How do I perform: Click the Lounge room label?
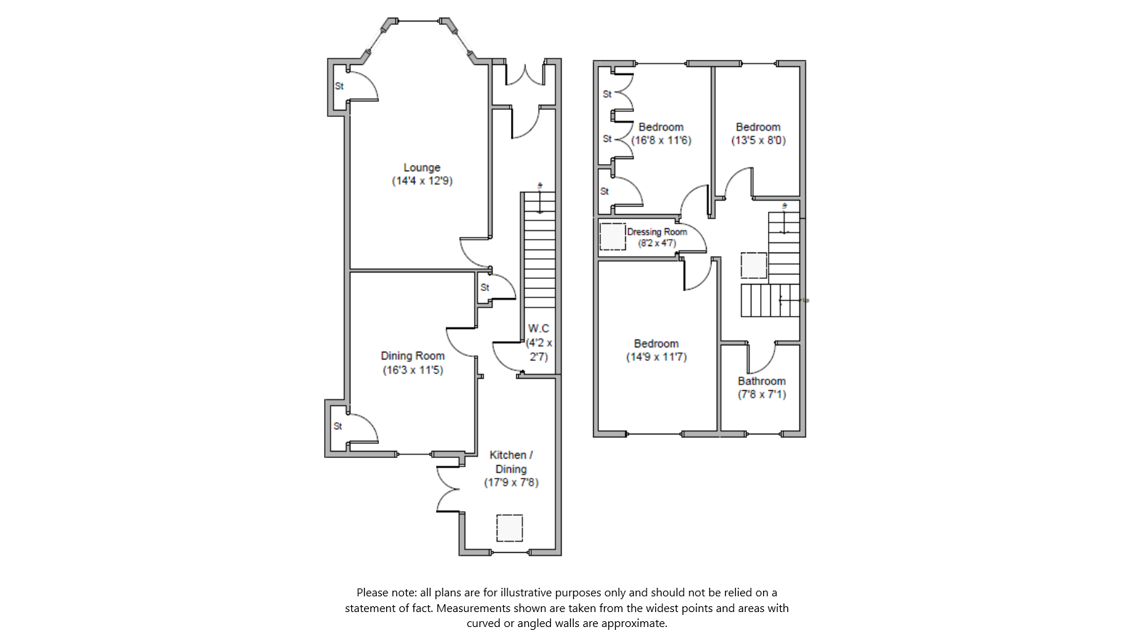[422, 168]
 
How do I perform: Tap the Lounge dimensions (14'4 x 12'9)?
[422, 181]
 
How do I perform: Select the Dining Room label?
[413, 356]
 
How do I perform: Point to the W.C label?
[539, 329]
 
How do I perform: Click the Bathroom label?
[762, 381]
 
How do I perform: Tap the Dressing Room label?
[657, 232]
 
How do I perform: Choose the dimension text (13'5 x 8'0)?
[758, 141]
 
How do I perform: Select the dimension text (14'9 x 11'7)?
[656, 357]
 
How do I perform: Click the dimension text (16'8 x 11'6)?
[661, 141]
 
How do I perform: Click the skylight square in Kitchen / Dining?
[510, 529]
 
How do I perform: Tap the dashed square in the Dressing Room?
[612, 237]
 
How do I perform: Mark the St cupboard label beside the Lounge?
[340, 86]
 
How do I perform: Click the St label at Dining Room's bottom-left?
[338, 426]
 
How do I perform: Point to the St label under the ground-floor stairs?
[485, 287]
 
